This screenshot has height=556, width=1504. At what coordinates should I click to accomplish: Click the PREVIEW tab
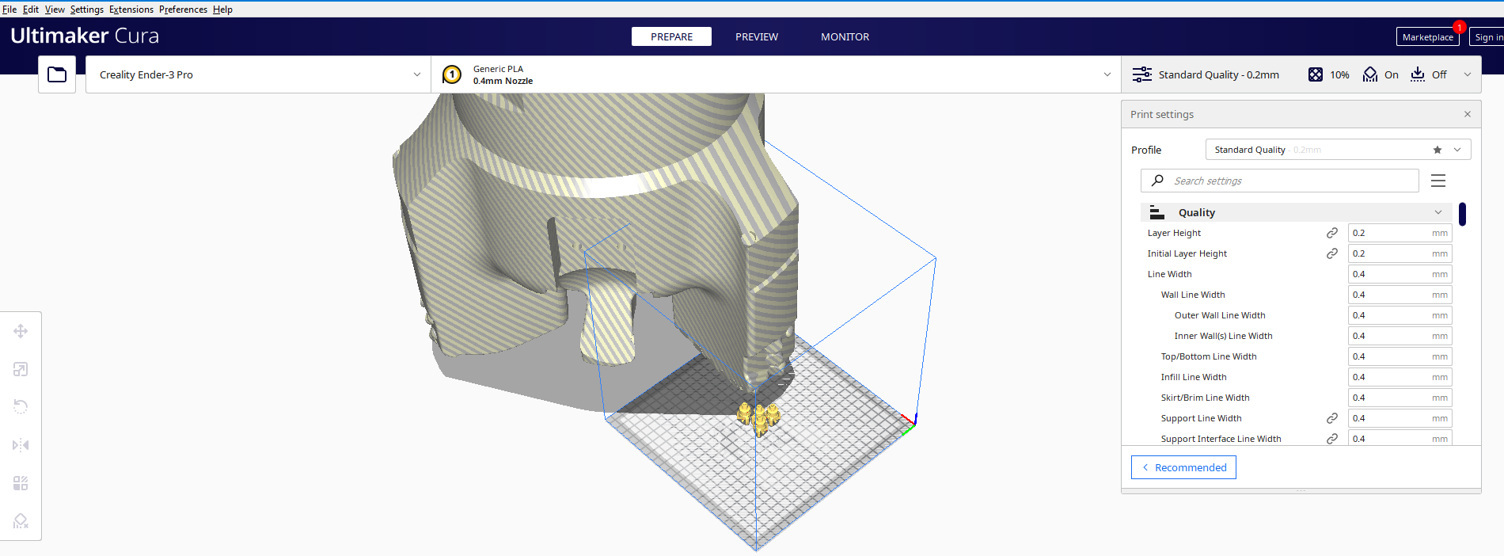(x=756, y=36)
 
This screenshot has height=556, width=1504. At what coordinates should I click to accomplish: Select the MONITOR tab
(x=845, y=36)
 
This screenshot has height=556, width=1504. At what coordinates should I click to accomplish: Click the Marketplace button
(x=1427, y=37)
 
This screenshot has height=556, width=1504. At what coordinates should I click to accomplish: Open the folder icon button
(x=57, y=74)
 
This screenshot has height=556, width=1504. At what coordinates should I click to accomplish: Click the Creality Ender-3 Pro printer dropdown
(x=258, y=74)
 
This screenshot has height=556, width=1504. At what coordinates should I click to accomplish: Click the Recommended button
(x=1183, y=467)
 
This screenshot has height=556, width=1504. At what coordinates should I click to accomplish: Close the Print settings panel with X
(x=1467, y=114)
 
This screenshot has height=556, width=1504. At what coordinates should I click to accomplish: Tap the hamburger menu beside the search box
(x=1438, y=181)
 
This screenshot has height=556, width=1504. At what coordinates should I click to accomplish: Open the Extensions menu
(x=131, y=10)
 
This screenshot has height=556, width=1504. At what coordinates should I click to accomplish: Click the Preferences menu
(x=183, y=10)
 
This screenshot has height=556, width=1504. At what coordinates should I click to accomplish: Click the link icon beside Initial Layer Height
(x=1332, y=253)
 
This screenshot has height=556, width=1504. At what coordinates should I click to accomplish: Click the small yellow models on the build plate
(x=758, y=417)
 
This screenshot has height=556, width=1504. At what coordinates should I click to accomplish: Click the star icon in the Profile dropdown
(x=1438, y=150)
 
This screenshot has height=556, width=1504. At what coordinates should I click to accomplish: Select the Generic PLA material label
(x=498, y=69)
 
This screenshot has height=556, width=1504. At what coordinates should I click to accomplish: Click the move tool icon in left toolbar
(x=21, y=331)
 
